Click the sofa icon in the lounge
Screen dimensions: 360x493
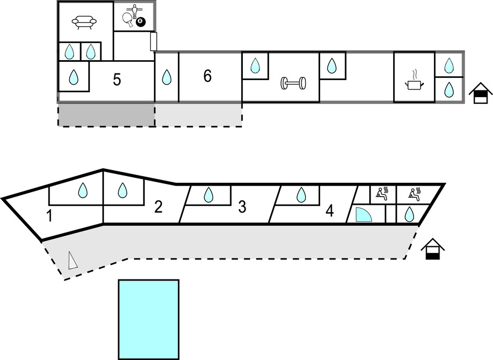tap(84, 23)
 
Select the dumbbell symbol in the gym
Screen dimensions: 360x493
tap(293, 83)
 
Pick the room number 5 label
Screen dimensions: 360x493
tap(116, 80)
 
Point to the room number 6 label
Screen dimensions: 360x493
tap(208, 76)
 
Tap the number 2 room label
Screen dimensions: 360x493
tap(158, 208)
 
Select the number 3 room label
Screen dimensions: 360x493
tap(242, 207)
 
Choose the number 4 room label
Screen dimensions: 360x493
tap(330, 211)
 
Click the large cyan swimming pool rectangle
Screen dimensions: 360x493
tap(149, 319)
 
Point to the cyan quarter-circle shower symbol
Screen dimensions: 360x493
tap(363, 215)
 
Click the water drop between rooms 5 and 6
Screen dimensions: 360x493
tap(166, 77)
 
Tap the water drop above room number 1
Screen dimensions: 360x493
tap(83, 191)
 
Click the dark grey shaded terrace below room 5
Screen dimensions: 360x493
tap(106, 114)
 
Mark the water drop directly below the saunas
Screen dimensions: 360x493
tap(409, 214)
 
